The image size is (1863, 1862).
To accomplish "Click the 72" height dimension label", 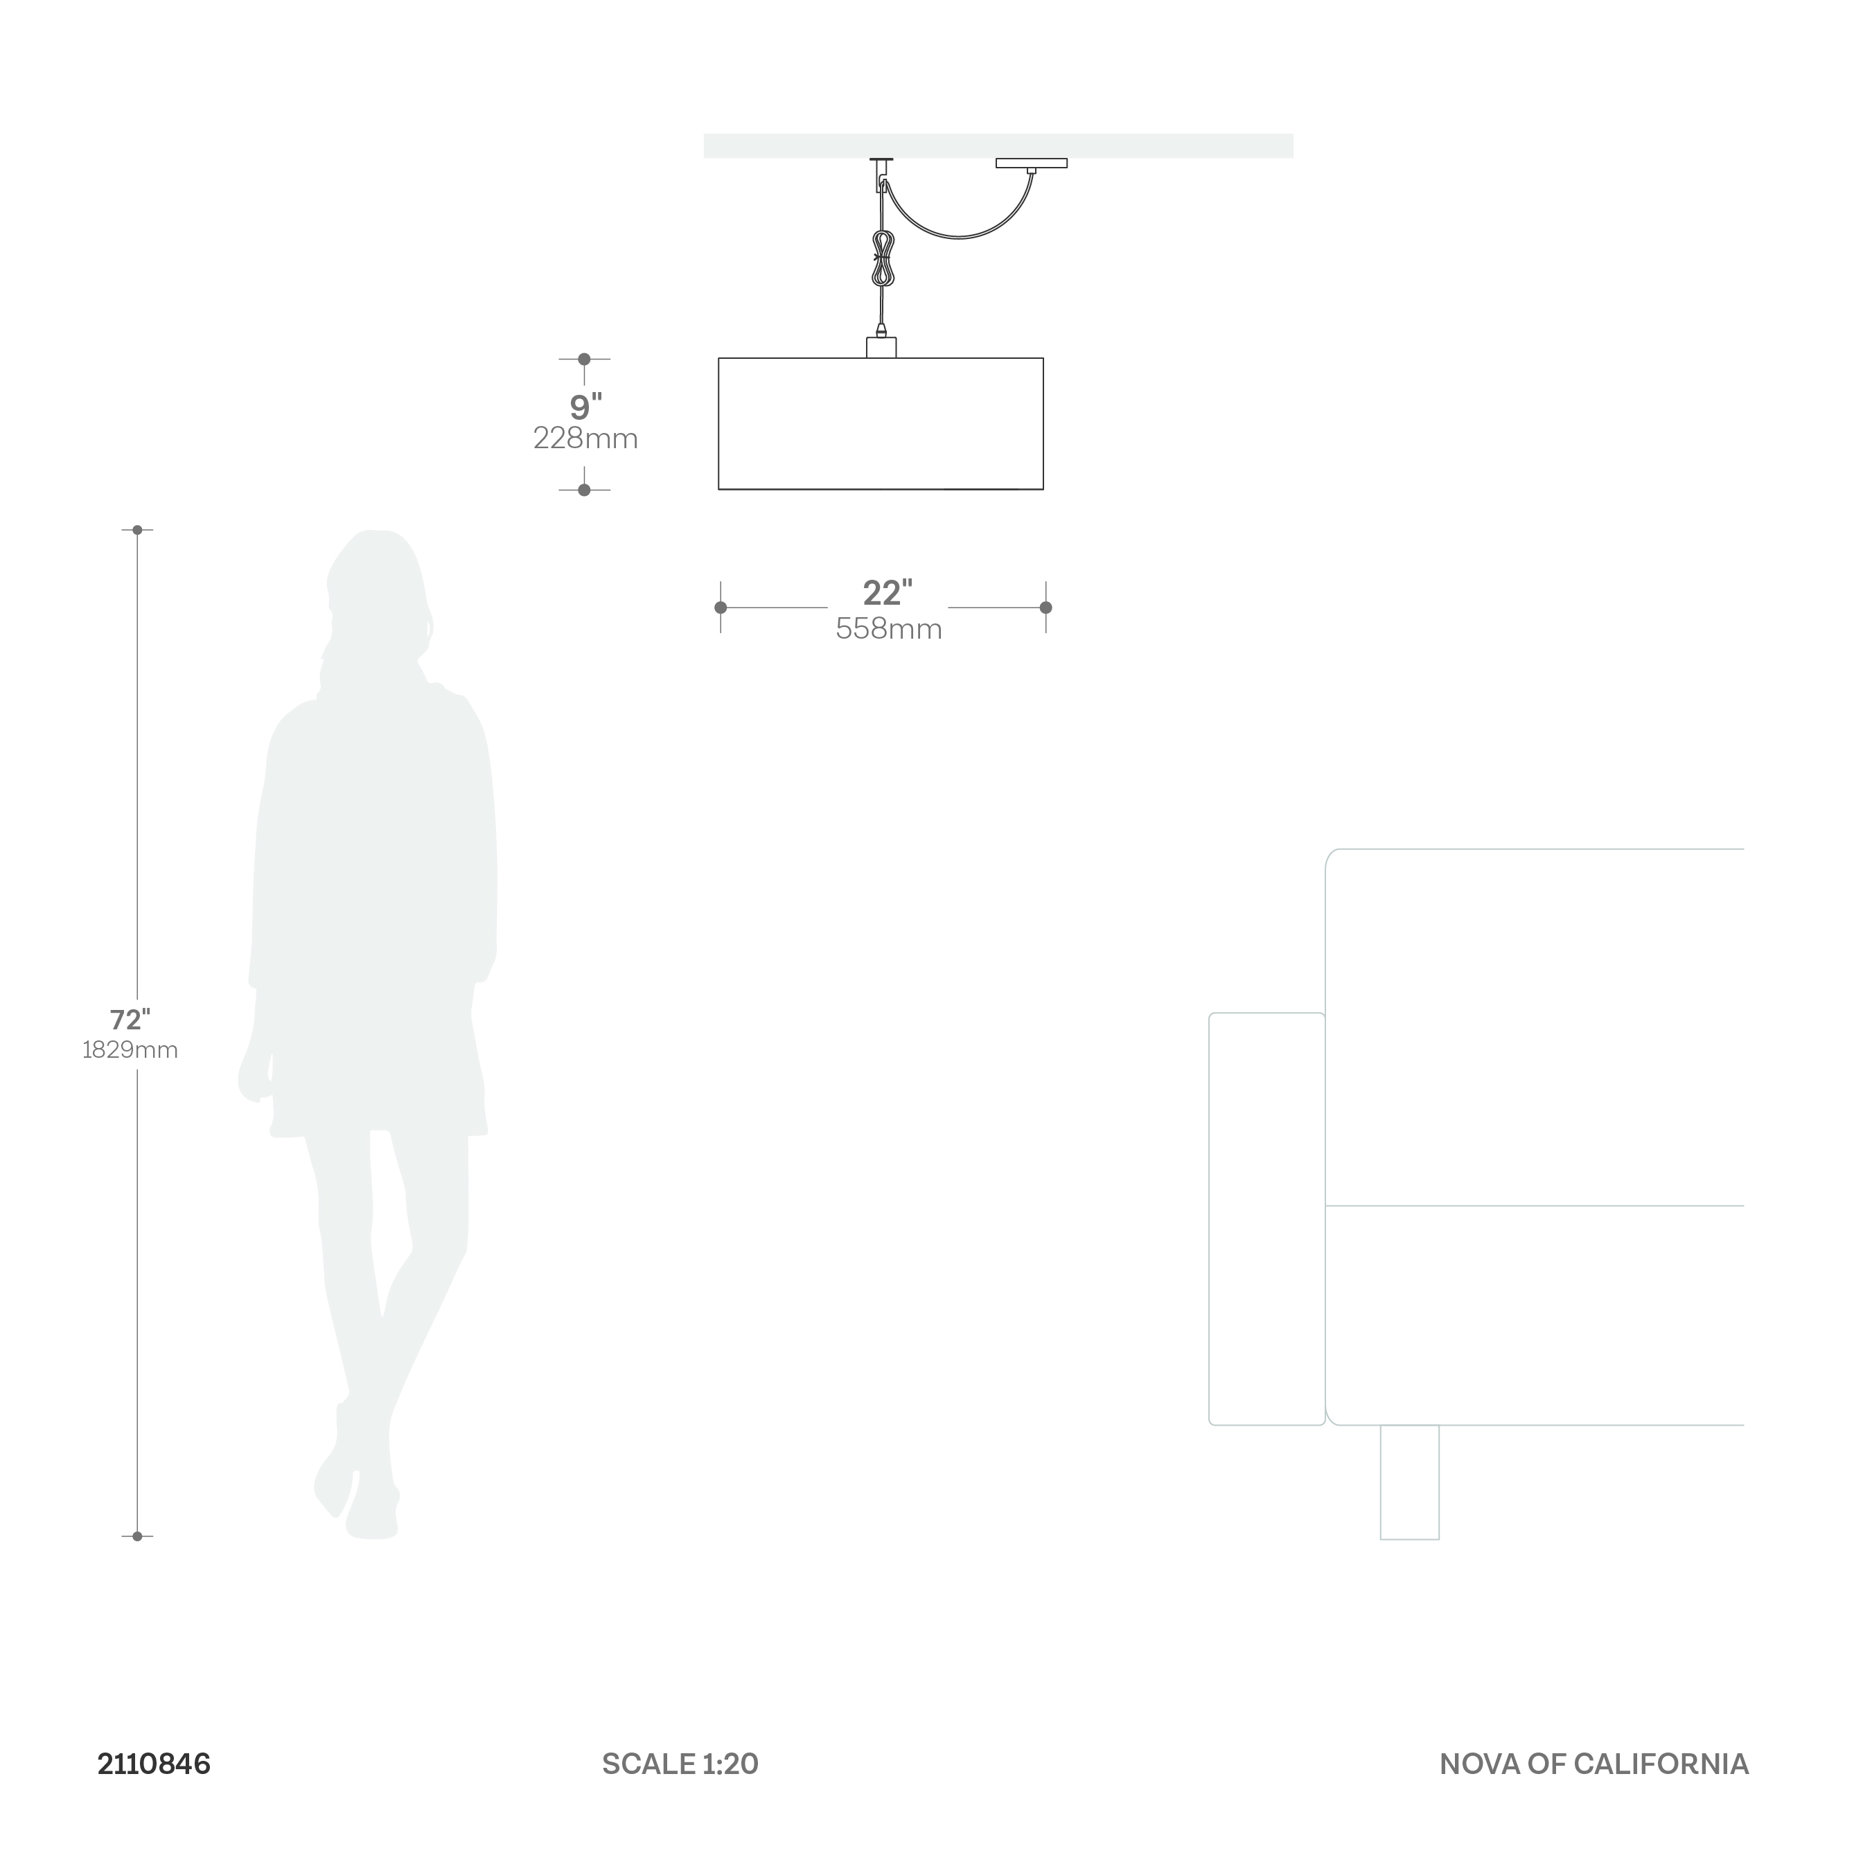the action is [x=130, y=1019].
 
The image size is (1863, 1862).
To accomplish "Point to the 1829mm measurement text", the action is [x=130, y=1050].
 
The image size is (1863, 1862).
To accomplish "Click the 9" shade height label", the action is [x=586, y=407].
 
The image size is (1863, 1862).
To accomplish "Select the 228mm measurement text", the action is [x=585, y=438].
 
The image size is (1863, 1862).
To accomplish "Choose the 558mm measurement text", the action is [x=888, y=630].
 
